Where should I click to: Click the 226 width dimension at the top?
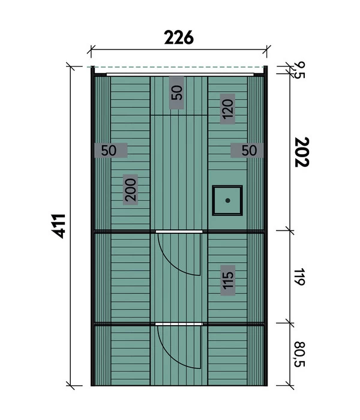coord(179,37)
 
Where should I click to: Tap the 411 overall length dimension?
coord(58,226)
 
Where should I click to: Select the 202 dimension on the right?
coord(302,152)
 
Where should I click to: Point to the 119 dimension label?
coord(299,277)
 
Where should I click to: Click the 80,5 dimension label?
coord(299,354)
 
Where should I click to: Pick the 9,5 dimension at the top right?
coord(299,70)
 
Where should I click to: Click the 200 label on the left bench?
coord(130,190)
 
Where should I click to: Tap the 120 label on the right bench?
coord(227,109)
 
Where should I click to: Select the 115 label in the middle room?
coord(227,280)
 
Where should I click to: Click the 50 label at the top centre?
coord(177,92)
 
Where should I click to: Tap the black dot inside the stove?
coord(227,200)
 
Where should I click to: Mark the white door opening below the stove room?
coord(179,232)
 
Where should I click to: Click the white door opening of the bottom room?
coord(179,324)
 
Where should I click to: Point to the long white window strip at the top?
coord(180,74)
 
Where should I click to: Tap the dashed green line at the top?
coord(178,67)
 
